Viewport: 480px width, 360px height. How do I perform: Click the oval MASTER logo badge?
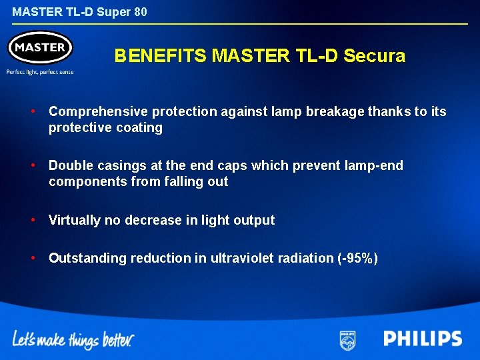coord(39,48)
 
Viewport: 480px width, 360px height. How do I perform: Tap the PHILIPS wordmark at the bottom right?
coord(423,339)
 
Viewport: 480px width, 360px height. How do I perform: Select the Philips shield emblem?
coord(347,339)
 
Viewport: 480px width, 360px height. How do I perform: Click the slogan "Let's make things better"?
coord(73,340)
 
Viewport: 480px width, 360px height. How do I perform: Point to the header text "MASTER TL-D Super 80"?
coord(79,12)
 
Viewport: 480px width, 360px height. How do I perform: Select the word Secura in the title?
coord(374,56)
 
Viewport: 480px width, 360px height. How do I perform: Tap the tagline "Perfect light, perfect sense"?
coord(40,72)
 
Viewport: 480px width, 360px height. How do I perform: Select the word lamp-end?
coord(376,165)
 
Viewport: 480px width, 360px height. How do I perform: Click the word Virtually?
coord(75,220)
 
